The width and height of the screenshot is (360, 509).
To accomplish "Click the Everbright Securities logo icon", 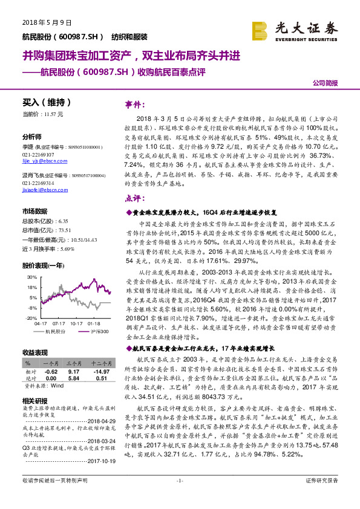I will (260, 30).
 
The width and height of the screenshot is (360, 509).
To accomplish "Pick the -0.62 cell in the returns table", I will (51, 372).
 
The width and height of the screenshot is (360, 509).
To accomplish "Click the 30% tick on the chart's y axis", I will (33, 277).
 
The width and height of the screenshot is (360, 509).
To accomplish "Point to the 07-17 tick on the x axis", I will (59, 322).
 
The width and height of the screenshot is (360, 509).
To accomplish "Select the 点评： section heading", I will (134, 198).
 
